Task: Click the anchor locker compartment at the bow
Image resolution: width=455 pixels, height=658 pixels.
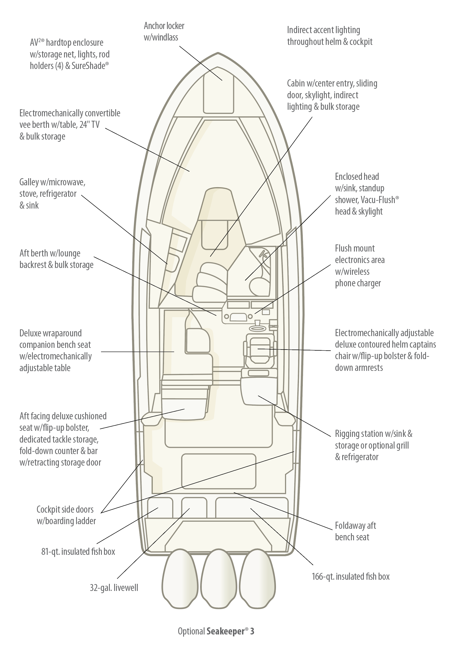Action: [218, 91]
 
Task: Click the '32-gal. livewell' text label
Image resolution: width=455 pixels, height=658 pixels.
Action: [114, 588]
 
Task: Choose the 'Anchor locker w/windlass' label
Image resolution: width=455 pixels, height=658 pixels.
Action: [164, 32]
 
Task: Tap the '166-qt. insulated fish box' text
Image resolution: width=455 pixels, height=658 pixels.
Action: [350, 576]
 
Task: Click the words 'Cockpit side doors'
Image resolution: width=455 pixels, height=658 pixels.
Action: [65, 509]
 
